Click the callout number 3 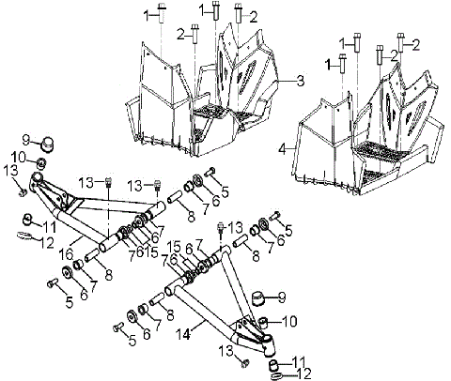[x=300, y=82]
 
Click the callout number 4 [x=281, y=148]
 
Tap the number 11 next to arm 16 [x=50, y=227]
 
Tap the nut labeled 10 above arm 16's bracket [x=41, y=165]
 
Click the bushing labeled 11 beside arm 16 [x=29, y=220]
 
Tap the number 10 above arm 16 [x=18, y=155]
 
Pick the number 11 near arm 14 [x=300, y=360]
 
